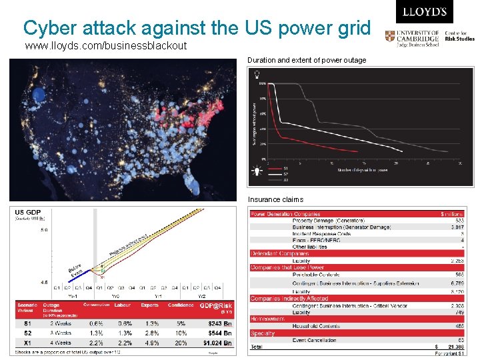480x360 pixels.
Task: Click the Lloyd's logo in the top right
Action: tap(424, 12)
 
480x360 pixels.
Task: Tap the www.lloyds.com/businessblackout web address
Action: tap(105, 46)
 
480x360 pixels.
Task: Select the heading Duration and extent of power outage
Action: tap(307, 60)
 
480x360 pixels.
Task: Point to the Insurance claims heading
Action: tap(275, 199)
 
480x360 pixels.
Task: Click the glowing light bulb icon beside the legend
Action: tap(255, 171)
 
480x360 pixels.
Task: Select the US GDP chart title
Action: tap(29, 212)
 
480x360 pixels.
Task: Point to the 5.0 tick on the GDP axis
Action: tap(43, 231)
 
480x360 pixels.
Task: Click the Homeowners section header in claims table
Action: tap(268, 319)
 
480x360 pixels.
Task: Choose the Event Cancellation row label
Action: tap(317, 340)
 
